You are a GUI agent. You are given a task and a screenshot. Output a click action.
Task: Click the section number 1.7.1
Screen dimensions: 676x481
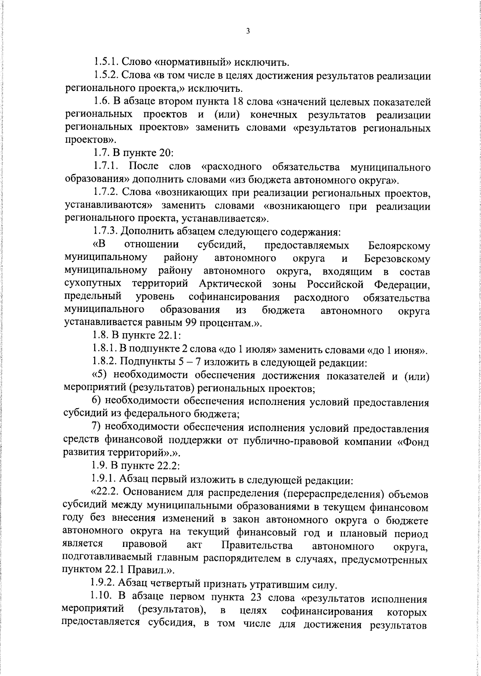point(107,166)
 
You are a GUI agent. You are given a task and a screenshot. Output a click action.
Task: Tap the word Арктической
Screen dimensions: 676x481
point(230,284)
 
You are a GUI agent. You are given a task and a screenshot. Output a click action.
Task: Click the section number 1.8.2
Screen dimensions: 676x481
point(105,362)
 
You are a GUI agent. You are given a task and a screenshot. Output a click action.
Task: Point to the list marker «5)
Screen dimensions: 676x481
point(100,375)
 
